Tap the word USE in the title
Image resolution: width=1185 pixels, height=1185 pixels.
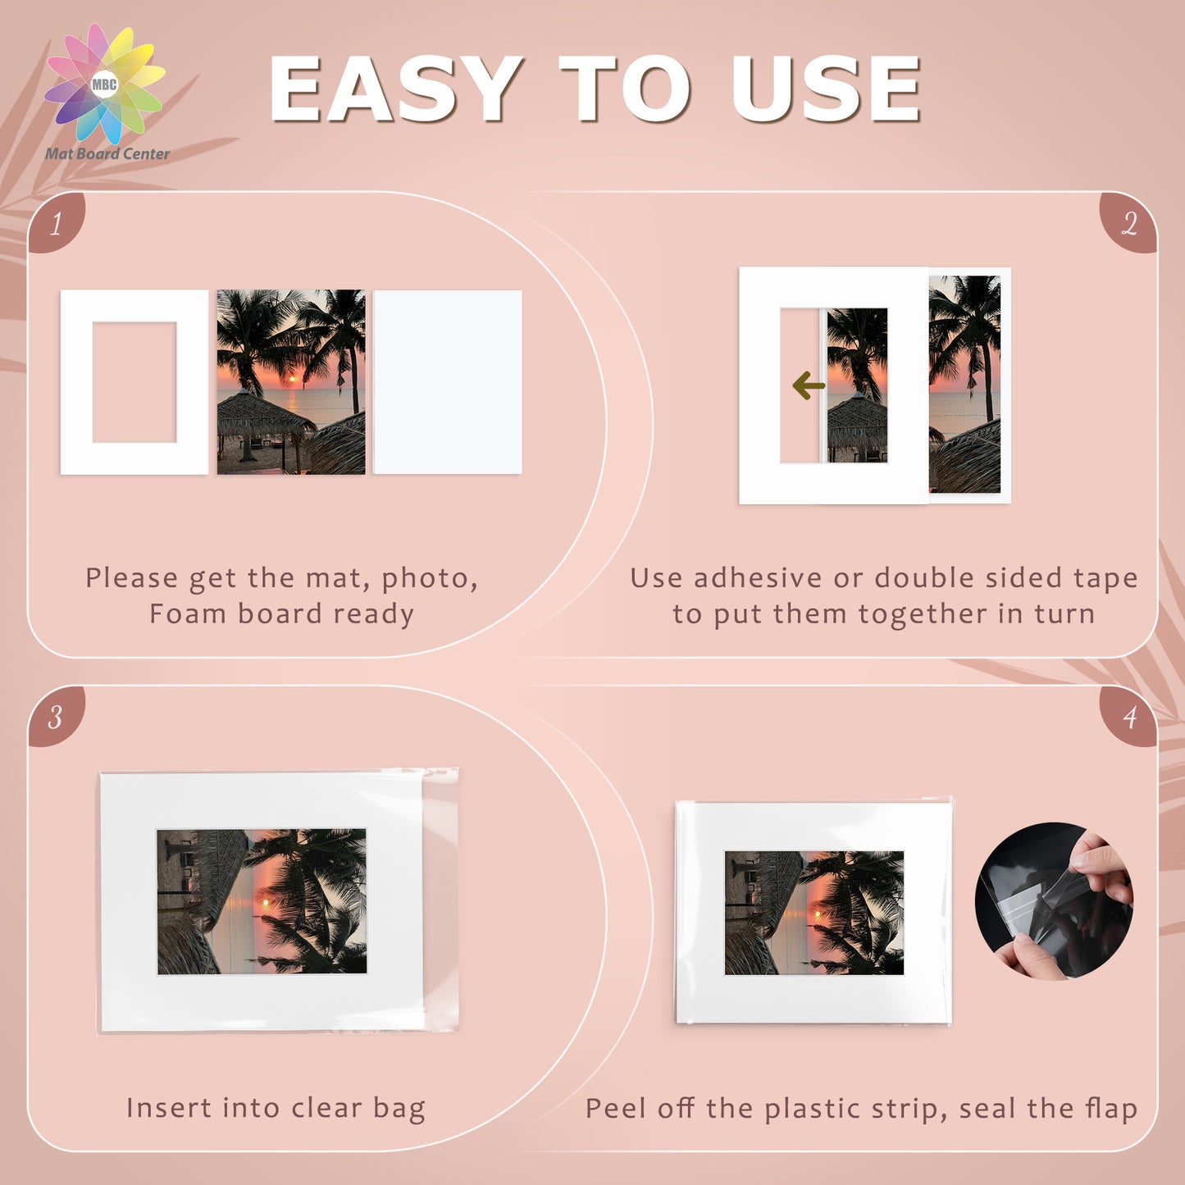point(825,89)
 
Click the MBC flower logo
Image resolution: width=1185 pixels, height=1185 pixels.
point(104,84)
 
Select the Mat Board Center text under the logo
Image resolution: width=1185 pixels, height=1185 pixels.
point(107,153)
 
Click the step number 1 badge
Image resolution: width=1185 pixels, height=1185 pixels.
point(56,223)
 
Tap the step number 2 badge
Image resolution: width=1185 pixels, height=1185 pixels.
point(1128,223)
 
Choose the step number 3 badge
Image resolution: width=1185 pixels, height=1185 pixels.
point(56,717)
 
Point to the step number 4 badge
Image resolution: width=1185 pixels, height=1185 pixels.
point(1128,717)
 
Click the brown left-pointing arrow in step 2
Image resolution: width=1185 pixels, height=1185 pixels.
point(809,386)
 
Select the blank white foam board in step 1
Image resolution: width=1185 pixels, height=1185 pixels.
point(448,382)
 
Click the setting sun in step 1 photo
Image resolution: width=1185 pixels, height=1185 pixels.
point(292,380)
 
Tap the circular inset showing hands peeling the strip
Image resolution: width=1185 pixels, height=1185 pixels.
point(1054,901)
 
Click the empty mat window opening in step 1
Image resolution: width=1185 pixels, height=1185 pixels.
point(134,382)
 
